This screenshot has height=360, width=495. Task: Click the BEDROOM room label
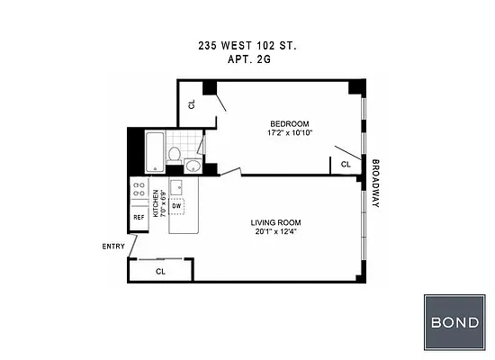click(290, 123)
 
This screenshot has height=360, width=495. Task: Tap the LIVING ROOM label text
click(275, 222)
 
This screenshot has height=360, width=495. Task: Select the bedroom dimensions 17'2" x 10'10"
click(290, 133)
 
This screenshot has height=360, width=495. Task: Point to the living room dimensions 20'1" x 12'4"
click(275, 232)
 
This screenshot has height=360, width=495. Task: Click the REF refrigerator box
click(139, 218)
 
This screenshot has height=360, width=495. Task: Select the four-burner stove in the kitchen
click(139, 190)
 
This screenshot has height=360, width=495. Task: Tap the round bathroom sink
click(193, 165)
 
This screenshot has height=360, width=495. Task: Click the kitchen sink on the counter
click(176, 187)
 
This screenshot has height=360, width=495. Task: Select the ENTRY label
click(112, 246)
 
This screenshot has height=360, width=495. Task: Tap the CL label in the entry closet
click(160, 270)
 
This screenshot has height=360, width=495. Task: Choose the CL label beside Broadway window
click(346, 164)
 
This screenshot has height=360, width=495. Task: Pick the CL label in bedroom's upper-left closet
click(192, 103)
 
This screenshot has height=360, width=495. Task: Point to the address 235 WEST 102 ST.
click(247, 44)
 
